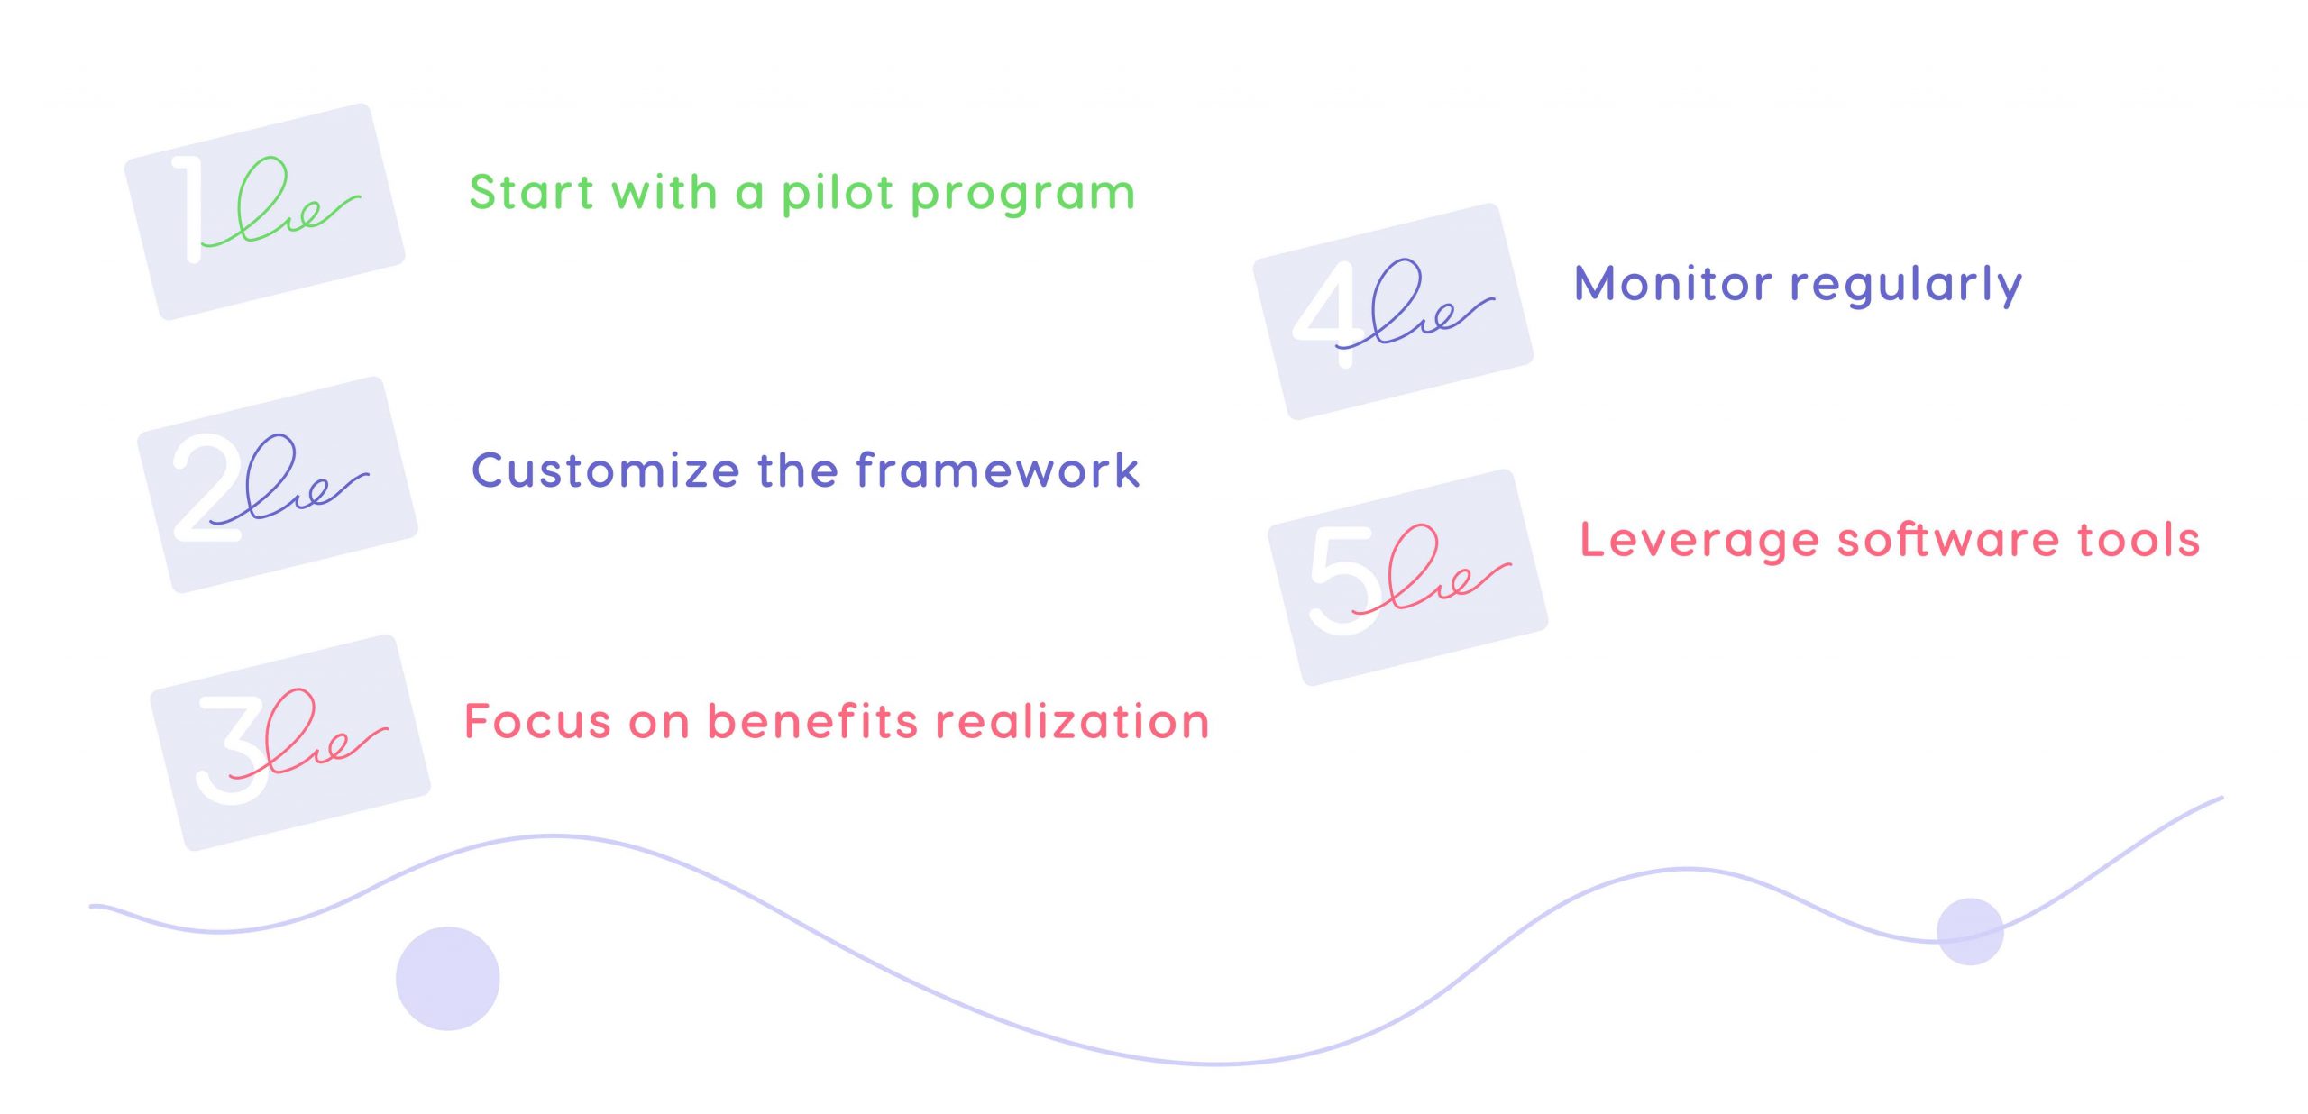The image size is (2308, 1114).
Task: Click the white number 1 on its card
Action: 188,209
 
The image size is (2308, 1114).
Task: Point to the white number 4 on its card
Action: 1326,311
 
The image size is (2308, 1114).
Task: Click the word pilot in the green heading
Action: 837,194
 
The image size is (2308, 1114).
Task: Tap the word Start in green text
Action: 531,193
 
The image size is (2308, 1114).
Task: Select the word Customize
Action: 606,470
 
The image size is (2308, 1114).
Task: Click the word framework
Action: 997,470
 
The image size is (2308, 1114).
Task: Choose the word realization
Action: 1072,721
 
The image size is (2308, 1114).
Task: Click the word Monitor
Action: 1672,284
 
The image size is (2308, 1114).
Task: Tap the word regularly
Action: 1906,286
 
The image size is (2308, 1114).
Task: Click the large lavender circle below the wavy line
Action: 447,978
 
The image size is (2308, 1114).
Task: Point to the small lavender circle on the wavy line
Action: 1970,931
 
